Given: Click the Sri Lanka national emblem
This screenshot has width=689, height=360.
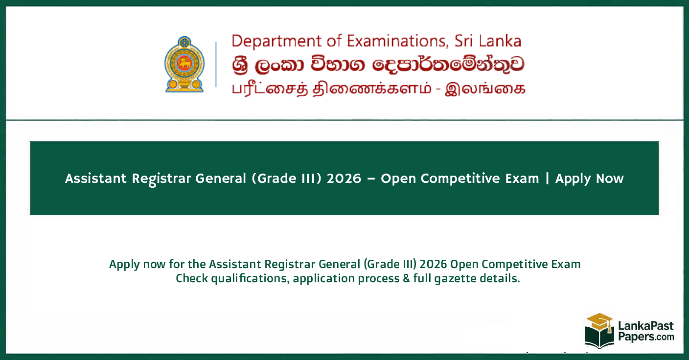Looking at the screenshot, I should click(184, 64).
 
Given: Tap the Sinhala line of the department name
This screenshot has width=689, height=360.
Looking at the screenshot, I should click(377, 65).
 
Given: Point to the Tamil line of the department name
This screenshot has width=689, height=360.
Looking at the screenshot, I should click(377, 89).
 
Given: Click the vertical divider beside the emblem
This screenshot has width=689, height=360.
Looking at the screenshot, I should click(216, 64).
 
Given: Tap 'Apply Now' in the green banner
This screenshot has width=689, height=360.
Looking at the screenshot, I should click(589, 179).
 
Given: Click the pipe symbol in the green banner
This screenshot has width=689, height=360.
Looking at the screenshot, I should click(547, 179).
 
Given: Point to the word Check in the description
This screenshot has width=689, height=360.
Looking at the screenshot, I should click(191, 279).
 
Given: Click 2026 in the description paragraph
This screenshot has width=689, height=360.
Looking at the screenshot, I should click(433, 265).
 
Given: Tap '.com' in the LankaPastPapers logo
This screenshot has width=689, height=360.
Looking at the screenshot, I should click(662, 337).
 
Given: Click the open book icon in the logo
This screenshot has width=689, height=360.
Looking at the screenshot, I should click(599, 337).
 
